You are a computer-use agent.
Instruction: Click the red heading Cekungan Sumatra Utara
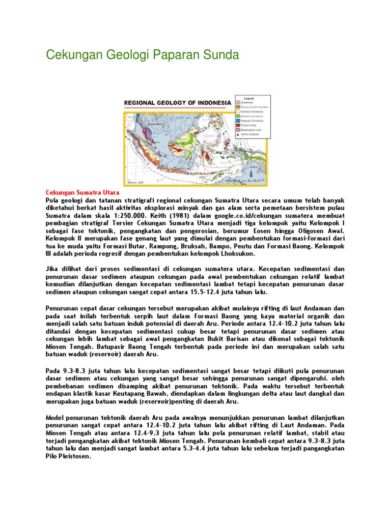tap(82, 193)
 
